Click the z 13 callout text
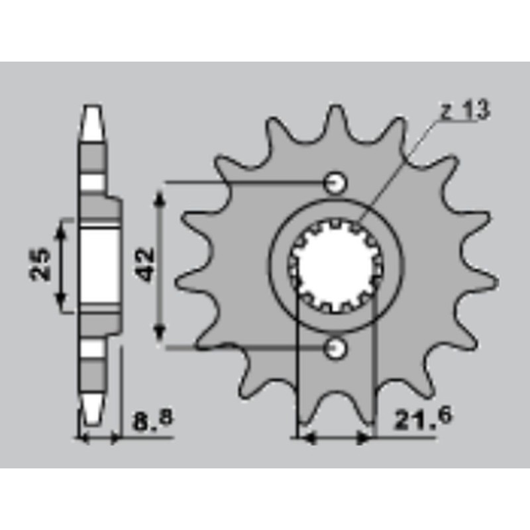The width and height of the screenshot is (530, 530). [464, 111]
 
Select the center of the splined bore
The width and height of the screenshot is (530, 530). [336, 264]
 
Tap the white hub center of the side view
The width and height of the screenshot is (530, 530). [99, 265]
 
